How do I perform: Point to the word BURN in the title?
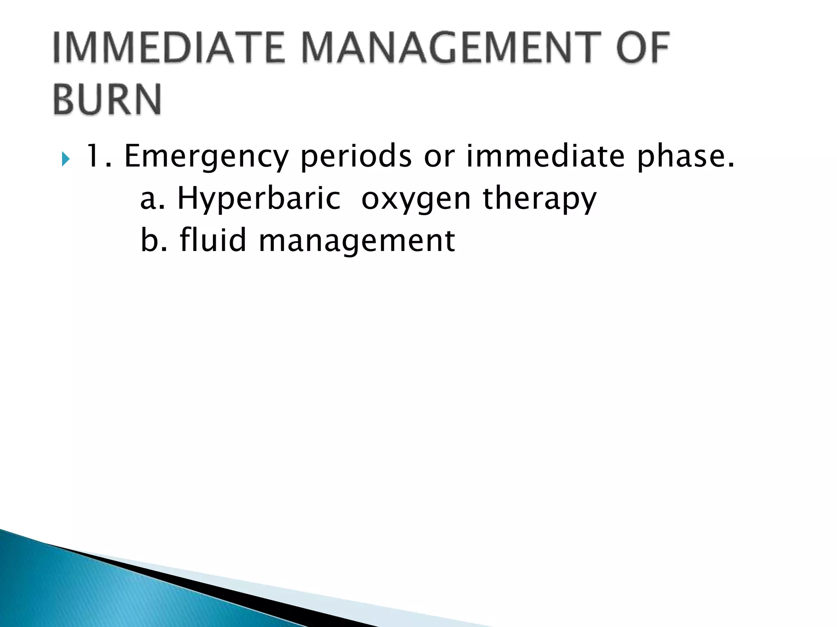click(107, 100)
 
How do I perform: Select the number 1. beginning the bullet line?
click(98, 156)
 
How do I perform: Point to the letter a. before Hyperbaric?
click(152, 199)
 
